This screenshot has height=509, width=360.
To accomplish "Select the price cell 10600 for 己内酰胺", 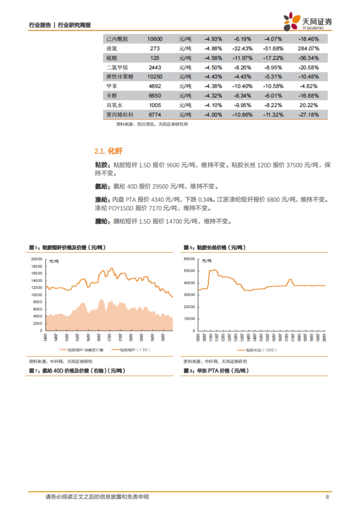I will tap(154, 39).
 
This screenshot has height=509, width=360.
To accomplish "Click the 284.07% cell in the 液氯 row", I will tap(308, 49).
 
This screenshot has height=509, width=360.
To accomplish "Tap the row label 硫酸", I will tap(112, 58).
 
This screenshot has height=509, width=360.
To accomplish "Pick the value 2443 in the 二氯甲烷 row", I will tap(155, 68).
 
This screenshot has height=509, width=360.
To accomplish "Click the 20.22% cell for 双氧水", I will tap(308, 105).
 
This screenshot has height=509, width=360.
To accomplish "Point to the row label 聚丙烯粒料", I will tap(120, 115).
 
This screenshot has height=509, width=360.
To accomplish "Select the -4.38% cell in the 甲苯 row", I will tap(213, 86).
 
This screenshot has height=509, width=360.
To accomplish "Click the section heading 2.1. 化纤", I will tap(108, 151).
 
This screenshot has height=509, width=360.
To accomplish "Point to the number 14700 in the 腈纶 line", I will tap(174, 222).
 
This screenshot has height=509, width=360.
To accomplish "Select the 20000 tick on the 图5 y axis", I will tap(37, 259).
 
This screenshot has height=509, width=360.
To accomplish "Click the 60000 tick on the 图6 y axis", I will tap(189, 259).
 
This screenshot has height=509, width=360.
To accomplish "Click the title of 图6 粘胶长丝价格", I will tap(214, 248).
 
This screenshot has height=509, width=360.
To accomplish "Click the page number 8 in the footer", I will tap(327, 497).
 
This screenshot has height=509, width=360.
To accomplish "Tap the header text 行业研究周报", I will tap(74, 25).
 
